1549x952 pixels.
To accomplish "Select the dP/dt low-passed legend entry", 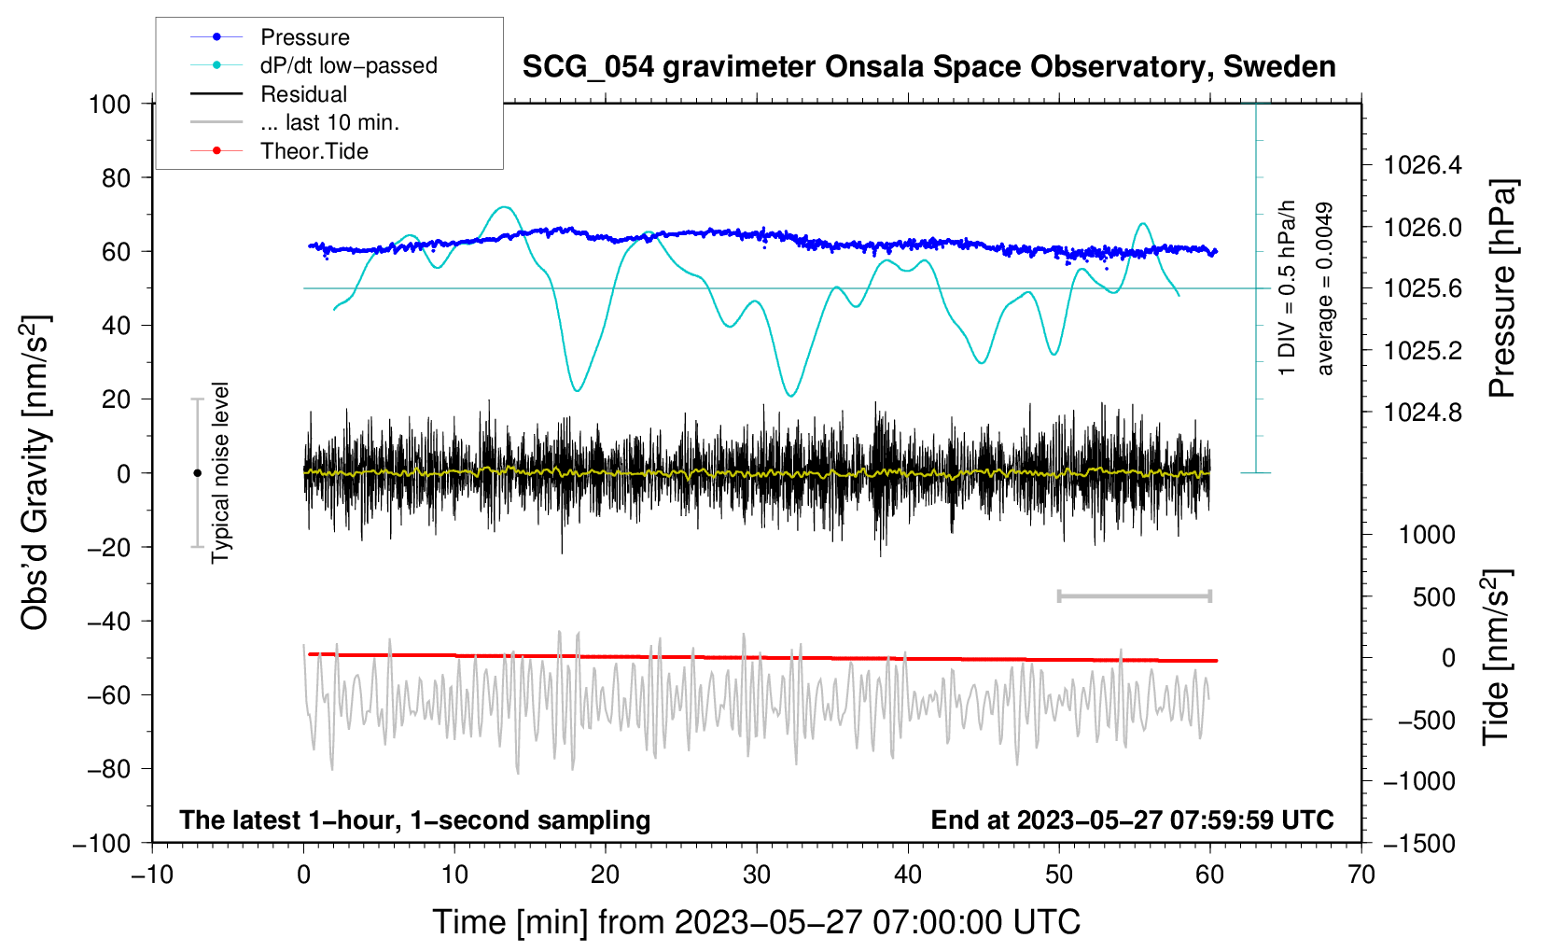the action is click(314, 65).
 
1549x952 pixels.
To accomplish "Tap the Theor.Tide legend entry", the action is click(279, 151).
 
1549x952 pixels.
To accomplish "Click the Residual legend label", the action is click(303, 94).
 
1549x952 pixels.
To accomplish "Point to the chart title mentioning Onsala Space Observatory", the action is click(928, 67).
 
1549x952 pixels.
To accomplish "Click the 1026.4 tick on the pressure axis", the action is click(1422, 165).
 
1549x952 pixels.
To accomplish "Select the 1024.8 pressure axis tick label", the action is click(1422, 413).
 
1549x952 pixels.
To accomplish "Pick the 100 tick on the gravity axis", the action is click(110, 105).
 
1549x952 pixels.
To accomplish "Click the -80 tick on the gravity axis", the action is click(108, 769).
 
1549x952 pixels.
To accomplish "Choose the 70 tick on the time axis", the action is click(1361, 875).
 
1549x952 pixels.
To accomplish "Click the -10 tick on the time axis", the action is click(152, 875).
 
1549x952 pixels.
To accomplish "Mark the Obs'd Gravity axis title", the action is click(35, 472).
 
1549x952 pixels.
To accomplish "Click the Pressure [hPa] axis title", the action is click(1501, 288).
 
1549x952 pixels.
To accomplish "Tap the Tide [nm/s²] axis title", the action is click(1497, 657).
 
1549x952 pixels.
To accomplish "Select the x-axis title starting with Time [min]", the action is click(757, 922).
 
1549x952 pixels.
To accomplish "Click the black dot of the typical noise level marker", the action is click(197, 473).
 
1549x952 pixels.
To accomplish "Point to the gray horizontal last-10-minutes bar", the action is click(1134, 595).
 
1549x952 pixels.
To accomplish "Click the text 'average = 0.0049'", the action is click(1324, 288).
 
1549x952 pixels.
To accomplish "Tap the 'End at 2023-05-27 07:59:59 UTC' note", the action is click(1132, 819).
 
